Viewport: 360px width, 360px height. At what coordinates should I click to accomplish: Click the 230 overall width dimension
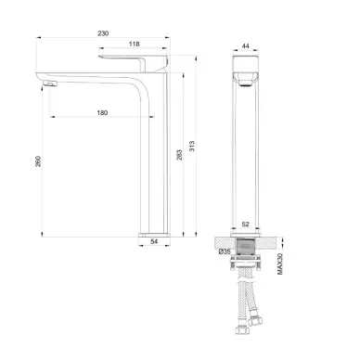click(103, 33)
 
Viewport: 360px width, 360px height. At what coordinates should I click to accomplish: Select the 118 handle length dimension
click(134, 45)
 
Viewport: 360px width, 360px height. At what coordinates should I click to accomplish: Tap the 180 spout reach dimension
click(102, 113)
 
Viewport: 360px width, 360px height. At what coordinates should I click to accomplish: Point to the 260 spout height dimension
click(38, 161)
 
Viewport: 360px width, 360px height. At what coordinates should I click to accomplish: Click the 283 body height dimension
click(179, 155)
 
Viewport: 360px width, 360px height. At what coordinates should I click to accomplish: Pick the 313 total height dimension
click(192, 146)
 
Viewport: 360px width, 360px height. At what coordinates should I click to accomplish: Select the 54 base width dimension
click(154, 241)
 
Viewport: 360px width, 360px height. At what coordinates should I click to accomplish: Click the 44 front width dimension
click(245, 46)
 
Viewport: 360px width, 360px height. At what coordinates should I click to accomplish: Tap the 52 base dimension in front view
click(245, 225)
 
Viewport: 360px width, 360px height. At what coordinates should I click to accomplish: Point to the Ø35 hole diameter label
click(225, 251)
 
